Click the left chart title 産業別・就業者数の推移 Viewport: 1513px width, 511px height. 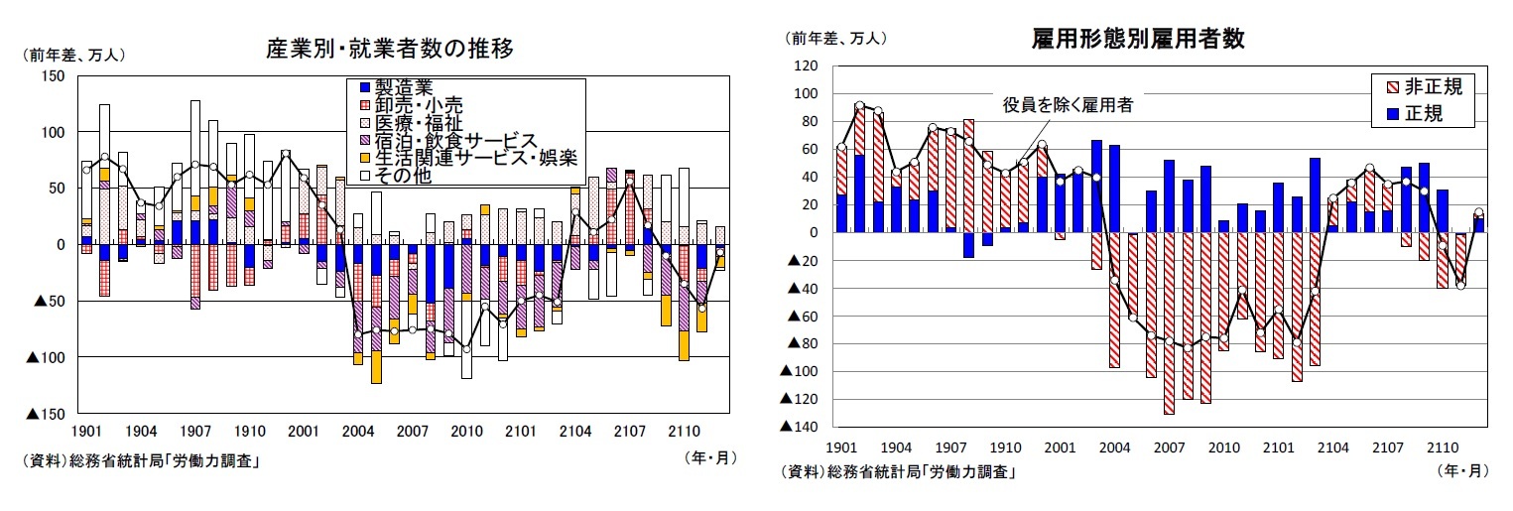pyautogui.click(x=389, y=48)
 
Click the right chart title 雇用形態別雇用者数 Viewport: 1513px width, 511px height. pyautogui.click(x=1138, y=39)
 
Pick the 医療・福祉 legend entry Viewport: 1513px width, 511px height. pyautogui.click(x=418, y=123)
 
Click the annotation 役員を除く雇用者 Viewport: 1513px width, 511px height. pyautogui.click(x=1067, y=103)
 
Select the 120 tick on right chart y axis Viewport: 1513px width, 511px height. pyautogui.click(x=805, y=65)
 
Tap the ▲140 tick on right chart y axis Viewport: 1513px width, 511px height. pyautogui.click(x=799, y=427)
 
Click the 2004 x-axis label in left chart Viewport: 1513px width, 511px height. pyautogui.click(x=356, y=432)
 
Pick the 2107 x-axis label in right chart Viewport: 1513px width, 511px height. pyautogui.click(x=1388, y=448)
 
